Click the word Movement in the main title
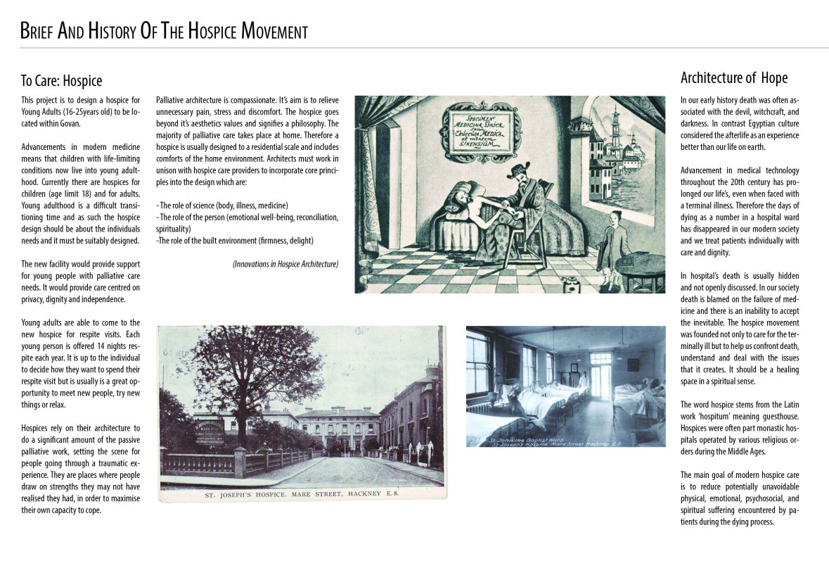click(x=274, y=32)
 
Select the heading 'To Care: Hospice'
click(x=61, y=81)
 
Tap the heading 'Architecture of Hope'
click(x=734, y=77)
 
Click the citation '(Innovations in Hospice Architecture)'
click(x=285, y=264)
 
